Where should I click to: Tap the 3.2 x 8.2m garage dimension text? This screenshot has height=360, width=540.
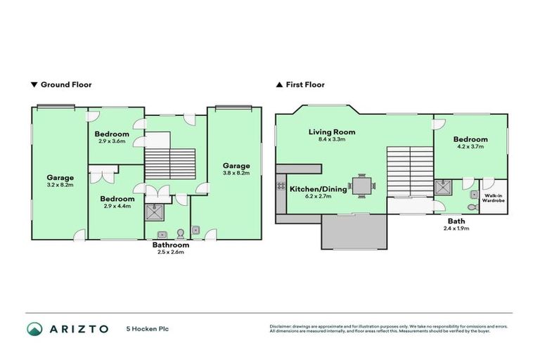pyautogui.click(x=60, y=186)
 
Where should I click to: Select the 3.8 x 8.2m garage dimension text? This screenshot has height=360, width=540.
pyautogui.click(x=236, y=174)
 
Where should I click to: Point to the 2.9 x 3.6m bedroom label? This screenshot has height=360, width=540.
pyautogui.click(x=112, y=141)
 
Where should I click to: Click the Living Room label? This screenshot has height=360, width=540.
pyautogui.click(x=332, y=131)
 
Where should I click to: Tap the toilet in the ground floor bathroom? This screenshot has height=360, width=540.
pyautogui.click(x=180, y=232)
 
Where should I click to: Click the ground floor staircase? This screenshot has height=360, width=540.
pyautogui.click(x=169, y=163)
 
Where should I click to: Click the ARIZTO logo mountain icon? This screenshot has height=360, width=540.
pyautogui.click(x=36, y=329)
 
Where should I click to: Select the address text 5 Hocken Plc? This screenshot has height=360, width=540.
pyautogui.click(x=147, y=329)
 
